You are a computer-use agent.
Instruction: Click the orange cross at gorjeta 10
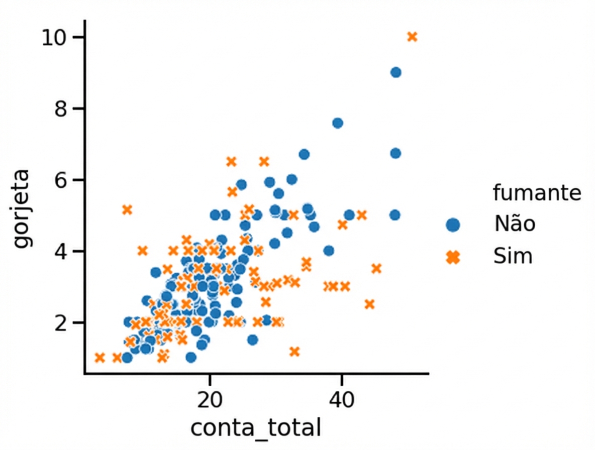[412, 37]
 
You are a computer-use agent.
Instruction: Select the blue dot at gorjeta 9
[395, 72]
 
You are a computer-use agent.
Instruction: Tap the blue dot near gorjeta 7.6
[338, 123]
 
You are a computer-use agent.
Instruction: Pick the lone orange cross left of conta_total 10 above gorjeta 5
[127, 209]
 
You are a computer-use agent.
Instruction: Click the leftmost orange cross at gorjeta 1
[100, 358]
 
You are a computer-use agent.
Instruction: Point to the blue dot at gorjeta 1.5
[252, 340]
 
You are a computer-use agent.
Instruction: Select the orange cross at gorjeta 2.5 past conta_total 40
[369, 304]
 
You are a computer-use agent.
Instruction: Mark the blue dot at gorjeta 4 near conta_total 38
[329, 251]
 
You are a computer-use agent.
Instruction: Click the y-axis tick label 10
[55, 38]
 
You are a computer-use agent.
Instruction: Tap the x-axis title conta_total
[255, 428]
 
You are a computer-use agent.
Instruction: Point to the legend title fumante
[537, 193]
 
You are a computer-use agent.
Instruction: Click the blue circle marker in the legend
[453, 224]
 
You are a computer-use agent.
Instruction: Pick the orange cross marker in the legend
[453, 257]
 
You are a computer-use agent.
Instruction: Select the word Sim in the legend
[513, 257]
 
